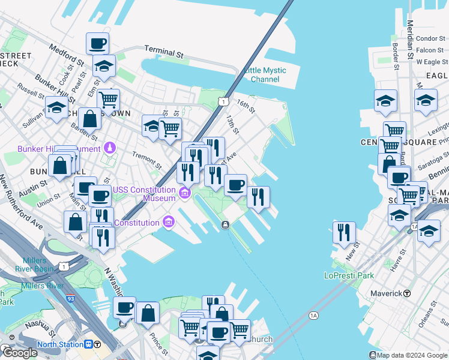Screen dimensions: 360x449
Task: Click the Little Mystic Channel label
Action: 265,75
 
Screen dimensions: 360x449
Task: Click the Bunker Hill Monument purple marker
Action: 109,147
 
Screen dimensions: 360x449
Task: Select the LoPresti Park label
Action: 349,275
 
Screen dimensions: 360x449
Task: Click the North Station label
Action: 60,344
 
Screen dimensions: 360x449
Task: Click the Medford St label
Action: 67,55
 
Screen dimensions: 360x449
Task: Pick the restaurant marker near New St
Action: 344,231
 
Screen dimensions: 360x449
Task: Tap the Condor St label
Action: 430,38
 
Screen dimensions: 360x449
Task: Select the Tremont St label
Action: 147,160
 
